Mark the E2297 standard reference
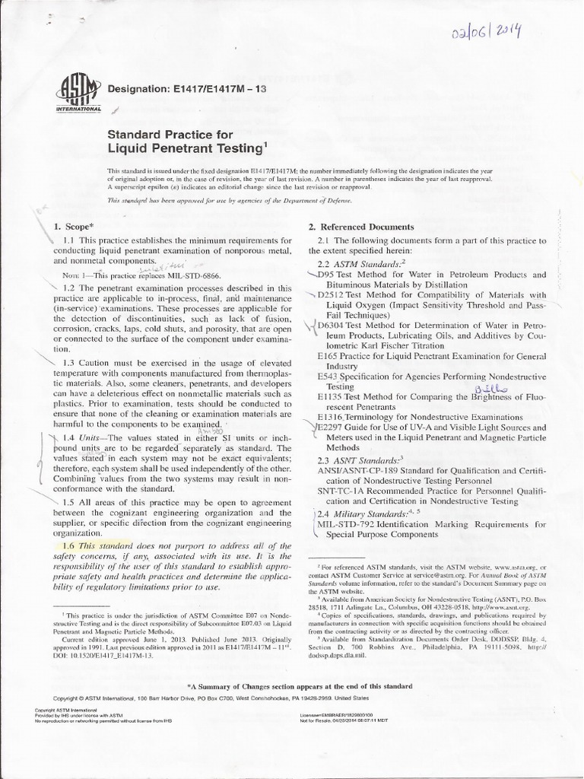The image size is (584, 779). tap(332, 428)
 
